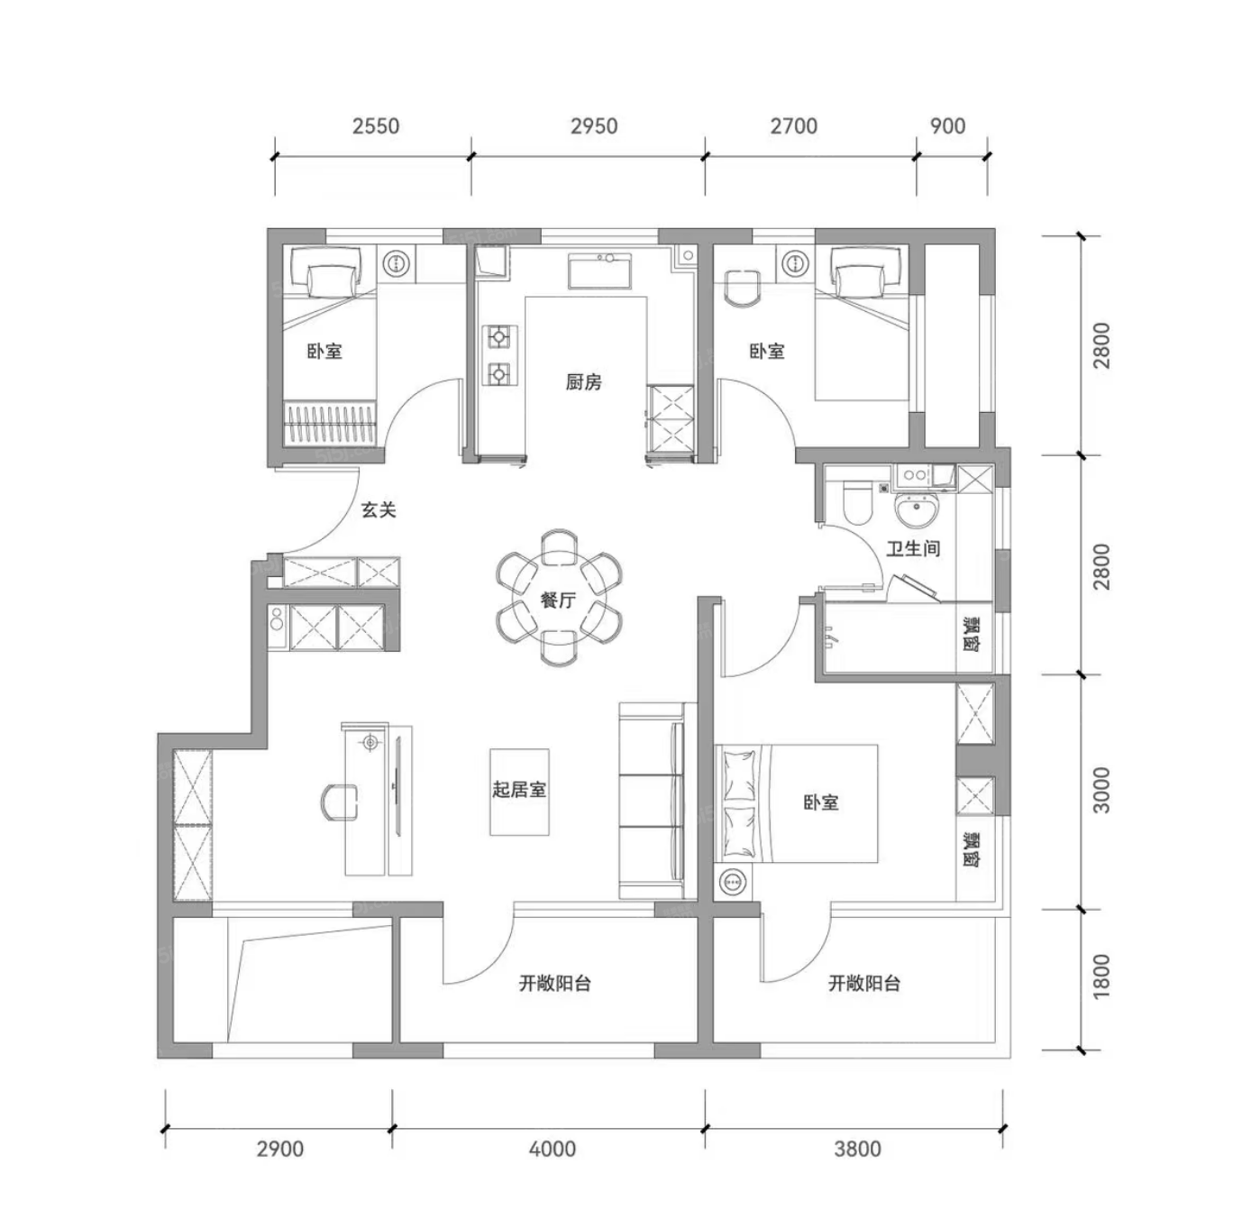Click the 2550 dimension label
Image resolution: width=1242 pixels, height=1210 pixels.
pyautogui.click(x=376, y=126)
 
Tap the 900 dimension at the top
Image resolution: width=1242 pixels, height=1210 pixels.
pyautogui.click(x=947, y=126)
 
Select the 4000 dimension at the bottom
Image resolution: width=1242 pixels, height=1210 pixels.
pyautogui.click(x=553, y=1150)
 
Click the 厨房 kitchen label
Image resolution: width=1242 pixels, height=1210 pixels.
pyautogui.click(x=583, y=381)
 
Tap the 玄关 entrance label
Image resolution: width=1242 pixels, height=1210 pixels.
pyautogui.click(x=379, y=509)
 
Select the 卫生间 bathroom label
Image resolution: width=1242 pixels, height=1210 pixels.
pyautogui.click(x=913, y=548)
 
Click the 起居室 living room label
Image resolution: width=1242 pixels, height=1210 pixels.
pyautogui.click(x=519, y=790)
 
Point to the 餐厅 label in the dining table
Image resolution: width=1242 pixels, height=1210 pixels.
pyautogui.click(x=558, y=600)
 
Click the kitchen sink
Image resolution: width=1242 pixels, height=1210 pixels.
pyautogui.click(x=599, y=270)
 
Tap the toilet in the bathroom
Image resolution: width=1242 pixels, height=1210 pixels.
pyautogui.click(x=856, y=502)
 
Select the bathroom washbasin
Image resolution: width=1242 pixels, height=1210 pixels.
pyautogui.click(x=918, y=509)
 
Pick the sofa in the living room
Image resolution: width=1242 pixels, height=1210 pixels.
pyautogui.click(x=651, y=801)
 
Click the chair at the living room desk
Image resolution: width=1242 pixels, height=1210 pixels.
pyautogui.click(x=338, y=802)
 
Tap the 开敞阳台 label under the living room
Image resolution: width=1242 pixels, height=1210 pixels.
pyautogui.click(x=554, y=984)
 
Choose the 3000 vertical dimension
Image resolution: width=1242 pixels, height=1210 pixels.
pyautogui.click(x=1101, y=791)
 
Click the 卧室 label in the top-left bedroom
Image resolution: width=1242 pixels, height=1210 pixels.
pyautogui.click(x=324, y=351)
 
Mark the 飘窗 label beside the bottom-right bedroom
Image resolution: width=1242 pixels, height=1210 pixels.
pyautogui.click(x=972, y=848)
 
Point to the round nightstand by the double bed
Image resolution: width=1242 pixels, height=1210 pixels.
pyautogui.click(x=733, y=883)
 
